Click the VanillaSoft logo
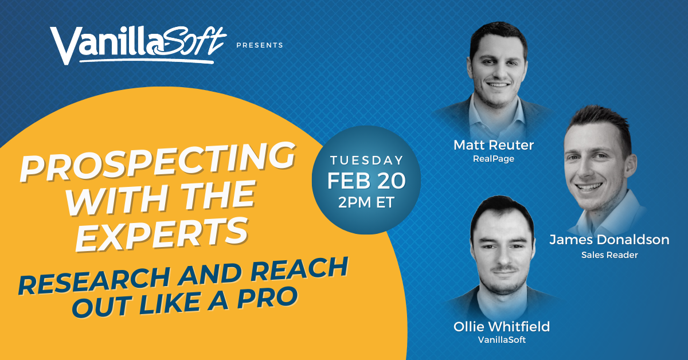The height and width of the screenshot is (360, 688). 138,45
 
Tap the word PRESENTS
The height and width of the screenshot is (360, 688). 260,45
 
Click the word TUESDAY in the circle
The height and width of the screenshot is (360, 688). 367,161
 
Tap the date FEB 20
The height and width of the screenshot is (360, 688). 367,181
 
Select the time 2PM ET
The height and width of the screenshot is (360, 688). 367,202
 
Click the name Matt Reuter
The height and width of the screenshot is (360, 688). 494,145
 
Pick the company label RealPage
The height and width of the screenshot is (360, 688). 494,159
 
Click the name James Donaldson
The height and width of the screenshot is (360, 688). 609,240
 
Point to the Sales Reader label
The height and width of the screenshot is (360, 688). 609,254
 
